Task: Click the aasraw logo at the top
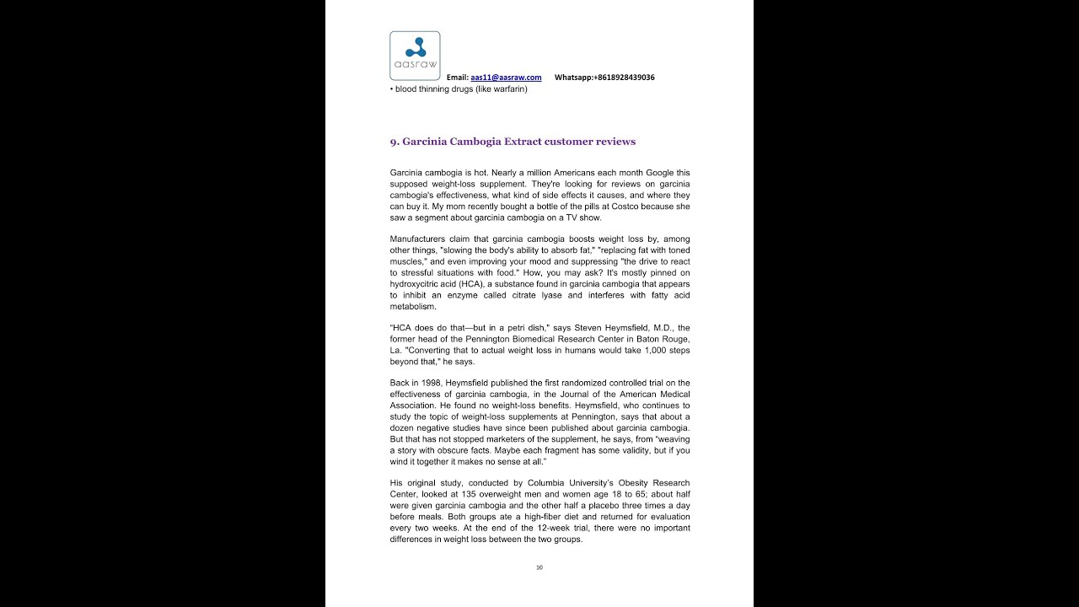415,56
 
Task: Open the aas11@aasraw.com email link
506,78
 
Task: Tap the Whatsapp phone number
624,78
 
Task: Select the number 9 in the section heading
394,142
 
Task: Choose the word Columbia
534,483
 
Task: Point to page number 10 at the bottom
539,567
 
